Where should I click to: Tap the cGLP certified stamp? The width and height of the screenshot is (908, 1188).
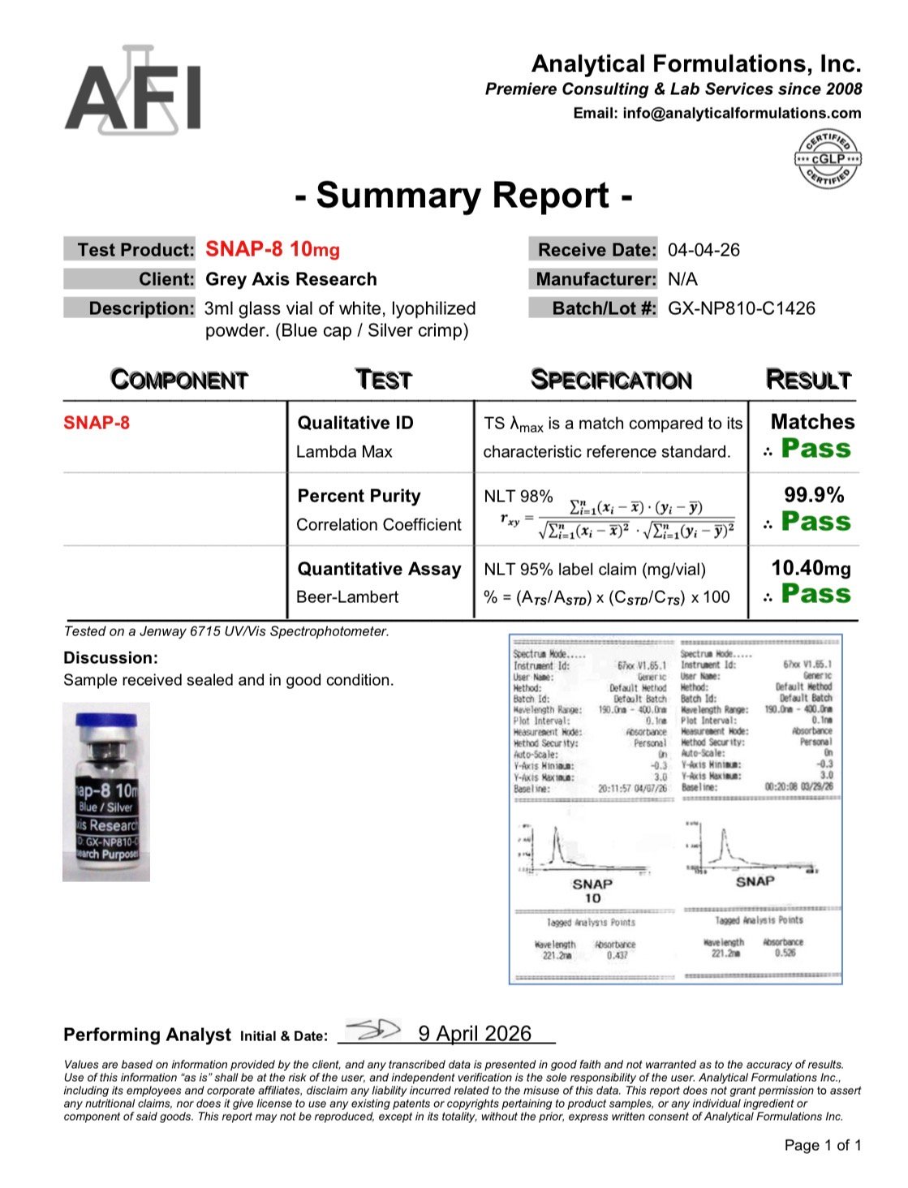point(828,159)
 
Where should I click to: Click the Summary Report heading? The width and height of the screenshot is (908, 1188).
point(463,196)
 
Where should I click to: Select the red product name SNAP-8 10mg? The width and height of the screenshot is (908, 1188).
point(273,250)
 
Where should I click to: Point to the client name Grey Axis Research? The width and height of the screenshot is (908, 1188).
point(291,279)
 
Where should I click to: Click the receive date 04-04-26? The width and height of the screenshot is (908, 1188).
point(704,250)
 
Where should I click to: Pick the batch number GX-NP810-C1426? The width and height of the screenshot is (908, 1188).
point(741,308)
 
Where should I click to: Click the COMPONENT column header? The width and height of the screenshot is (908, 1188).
point(179,380)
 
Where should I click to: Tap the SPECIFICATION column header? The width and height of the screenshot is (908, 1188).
point(610,380)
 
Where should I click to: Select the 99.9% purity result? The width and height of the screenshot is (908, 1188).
point(813,495)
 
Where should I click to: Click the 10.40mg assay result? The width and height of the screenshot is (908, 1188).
point(811,568)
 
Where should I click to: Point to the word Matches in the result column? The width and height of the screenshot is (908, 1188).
point(812,422)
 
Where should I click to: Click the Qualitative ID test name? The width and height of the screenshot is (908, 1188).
point(355,423)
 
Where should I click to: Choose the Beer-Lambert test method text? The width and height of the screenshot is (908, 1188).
point(347,597)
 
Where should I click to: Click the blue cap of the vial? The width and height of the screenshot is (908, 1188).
point(106,721)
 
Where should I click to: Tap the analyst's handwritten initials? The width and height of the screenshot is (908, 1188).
point(372,1031)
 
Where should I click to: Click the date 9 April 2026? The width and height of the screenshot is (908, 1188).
point(475,1033)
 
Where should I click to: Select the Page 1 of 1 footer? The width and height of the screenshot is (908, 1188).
point(823,1146)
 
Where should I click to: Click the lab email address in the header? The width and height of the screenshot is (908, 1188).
point(742,114)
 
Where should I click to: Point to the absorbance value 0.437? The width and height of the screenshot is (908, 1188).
point(617,956)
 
